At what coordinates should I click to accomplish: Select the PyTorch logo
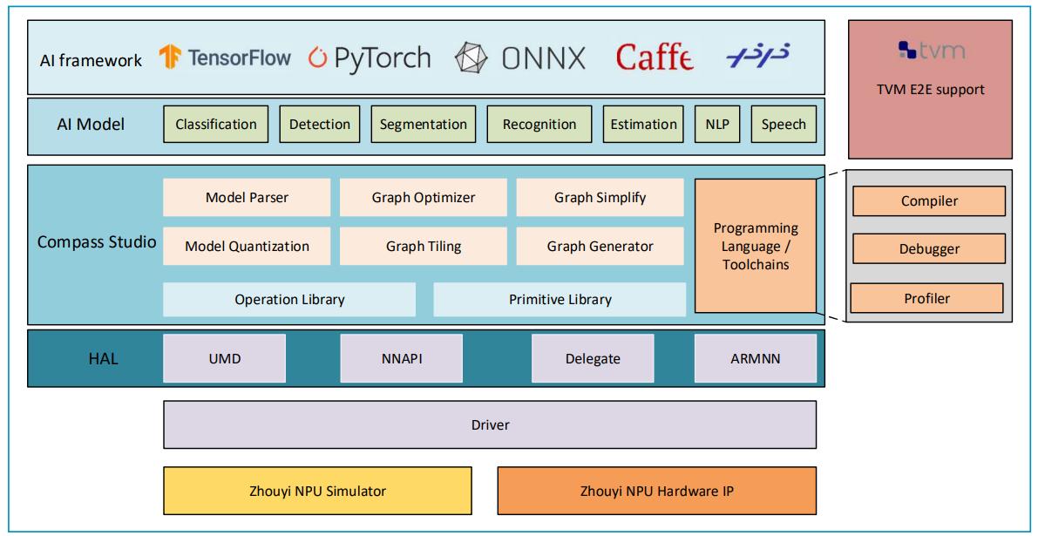click(370, 58)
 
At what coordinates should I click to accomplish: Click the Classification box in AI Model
click(216, 124)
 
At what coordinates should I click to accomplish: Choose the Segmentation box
click(424, 124)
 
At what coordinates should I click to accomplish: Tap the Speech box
click(784, 124)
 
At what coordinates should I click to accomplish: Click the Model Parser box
click(247, 197)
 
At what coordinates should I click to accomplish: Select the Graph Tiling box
click(424, 246)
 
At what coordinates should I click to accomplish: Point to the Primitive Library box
click(560, 299)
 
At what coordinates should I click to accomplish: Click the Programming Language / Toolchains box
click(756, 246)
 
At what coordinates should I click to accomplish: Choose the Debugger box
click(929, 249)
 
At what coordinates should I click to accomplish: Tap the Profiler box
click(926, 298)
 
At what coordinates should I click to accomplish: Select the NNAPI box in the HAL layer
click(400, 358)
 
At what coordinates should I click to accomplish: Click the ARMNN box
click(756, 358)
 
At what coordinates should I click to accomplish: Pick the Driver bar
click(490, 424)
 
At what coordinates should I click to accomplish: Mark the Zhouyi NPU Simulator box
click(318, 490)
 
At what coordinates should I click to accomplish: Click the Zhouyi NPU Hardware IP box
click(656, 490)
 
